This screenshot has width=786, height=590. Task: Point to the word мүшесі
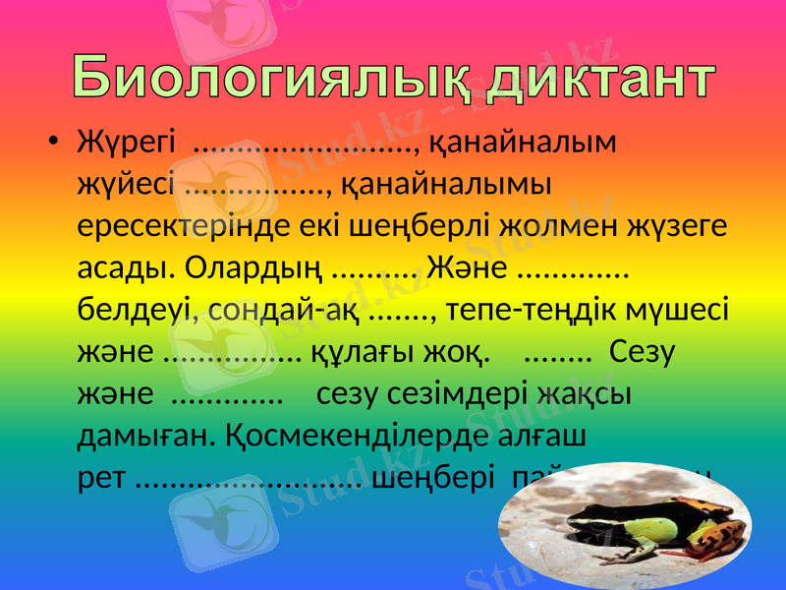684,310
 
